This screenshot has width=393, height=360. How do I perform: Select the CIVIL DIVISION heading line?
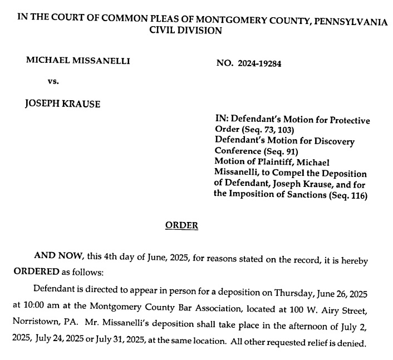pos(186,31)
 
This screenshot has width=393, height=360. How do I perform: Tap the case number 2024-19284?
pos(261,63)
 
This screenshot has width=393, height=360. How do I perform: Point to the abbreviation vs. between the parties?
pos(53,81)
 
